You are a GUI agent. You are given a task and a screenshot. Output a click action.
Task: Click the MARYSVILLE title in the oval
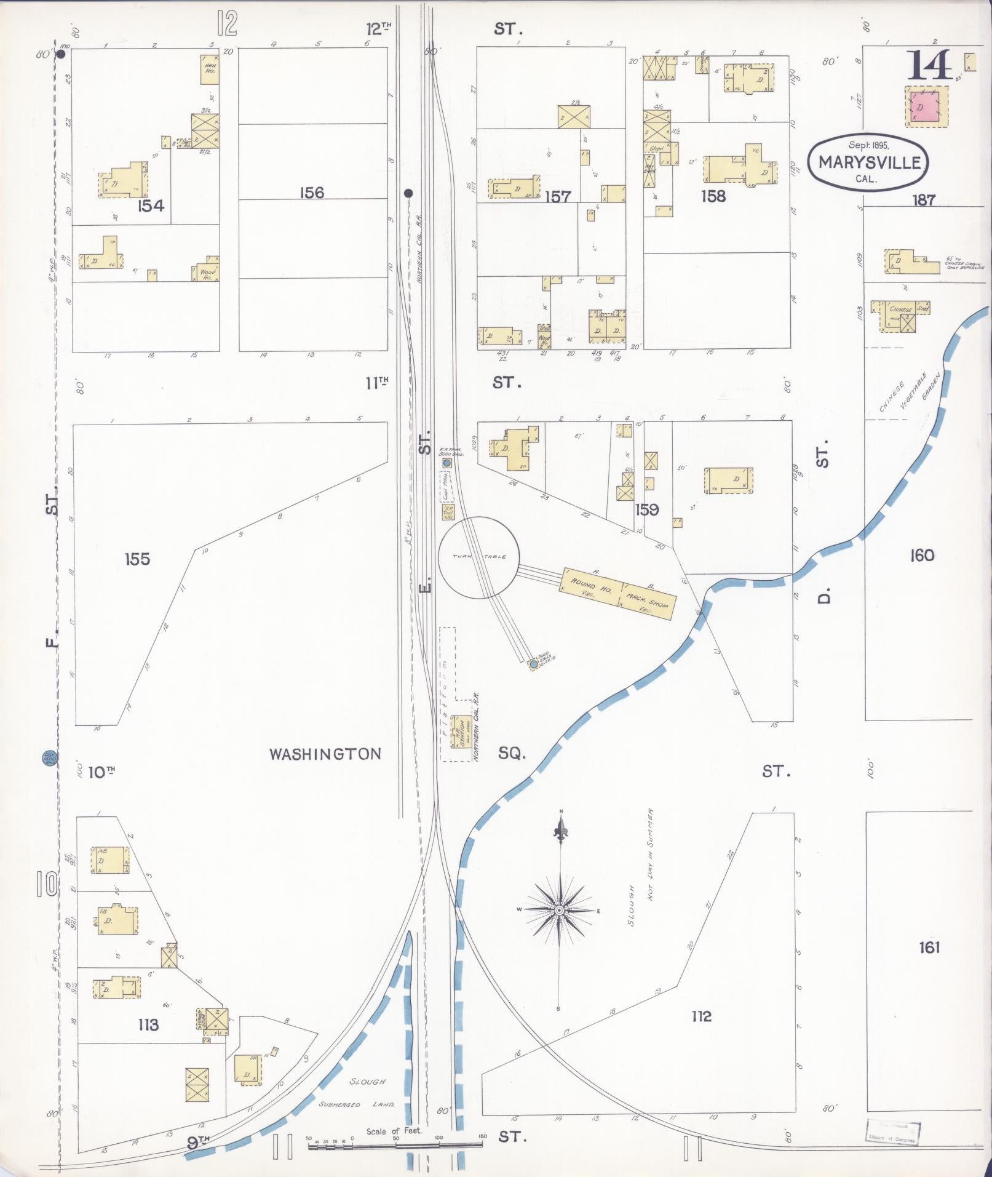pos(869,162)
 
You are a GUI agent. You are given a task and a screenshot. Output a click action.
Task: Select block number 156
pos(311,193)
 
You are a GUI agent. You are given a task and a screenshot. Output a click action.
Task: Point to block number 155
pos(137,559)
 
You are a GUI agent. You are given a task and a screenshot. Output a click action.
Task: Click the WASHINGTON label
pos(325,754)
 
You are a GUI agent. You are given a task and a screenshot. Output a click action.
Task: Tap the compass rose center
pos(560,910)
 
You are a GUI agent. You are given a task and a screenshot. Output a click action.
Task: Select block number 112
pos(701,1016)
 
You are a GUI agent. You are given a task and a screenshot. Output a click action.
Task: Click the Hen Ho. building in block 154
pos(210,69)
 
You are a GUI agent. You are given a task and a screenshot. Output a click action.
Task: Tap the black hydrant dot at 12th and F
pos(61,54)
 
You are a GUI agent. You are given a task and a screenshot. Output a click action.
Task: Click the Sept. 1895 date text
pos(868,145)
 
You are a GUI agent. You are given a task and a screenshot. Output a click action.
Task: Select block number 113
pos(148,1024)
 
